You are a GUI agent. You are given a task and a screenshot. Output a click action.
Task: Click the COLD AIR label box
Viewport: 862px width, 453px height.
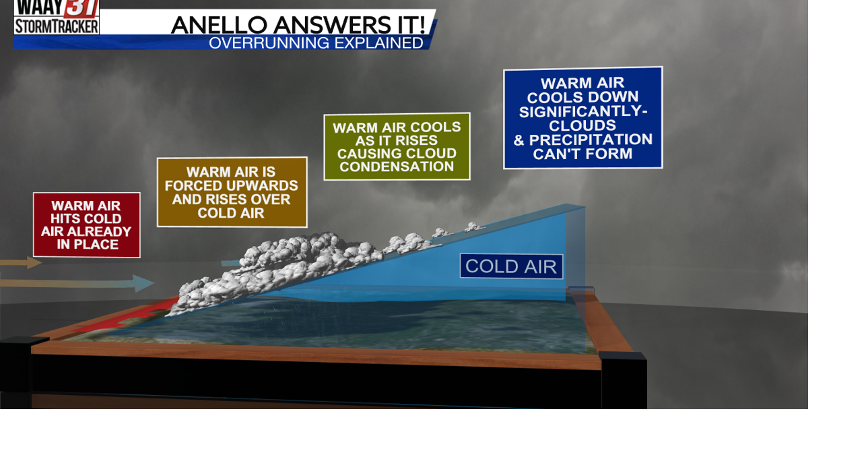[511, 266]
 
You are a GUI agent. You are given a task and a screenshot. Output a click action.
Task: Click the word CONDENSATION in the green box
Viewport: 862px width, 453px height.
[397, 167]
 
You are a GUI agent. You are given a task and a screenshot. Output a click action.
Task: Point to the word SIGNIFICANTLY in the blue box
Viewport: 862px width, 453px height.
[583, 112]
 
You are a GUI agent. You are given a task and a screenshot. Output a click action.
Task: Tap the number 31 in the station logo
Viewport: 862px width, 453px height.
[81, 9]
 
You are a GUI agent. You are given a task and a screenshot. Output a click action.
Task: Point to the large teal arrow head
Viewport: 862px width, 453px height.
[143, 283]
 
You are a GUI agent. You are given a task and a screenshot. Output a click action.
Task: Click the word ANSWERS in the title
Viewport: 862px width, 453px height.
[329, 25]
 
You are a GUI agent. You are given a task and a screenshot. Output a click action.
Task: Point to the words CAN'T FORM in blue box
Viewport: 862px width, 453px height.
[583, 154]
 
